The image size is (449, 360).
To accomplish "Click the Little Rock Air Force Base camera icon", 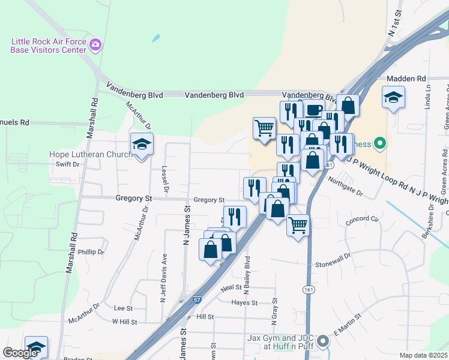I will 95,44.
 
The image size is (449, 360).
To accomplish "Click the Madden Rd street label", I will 406,79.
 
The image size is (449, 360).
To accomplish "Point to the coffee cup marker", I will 313,109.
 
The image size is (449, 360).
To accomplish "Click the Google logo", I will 20,353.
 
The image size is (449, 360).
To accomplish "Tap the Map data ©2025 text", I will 423,355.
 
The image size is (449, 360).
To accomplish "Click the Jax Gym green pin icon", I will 323,342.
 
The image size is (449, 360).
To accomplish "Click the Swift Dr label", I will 67,164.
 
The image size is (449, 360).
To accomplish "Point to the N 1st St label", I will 394,26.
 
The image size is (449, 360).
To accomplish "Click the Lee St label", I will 122,308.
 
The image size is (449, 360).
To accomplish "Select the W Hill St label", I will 124,322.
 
